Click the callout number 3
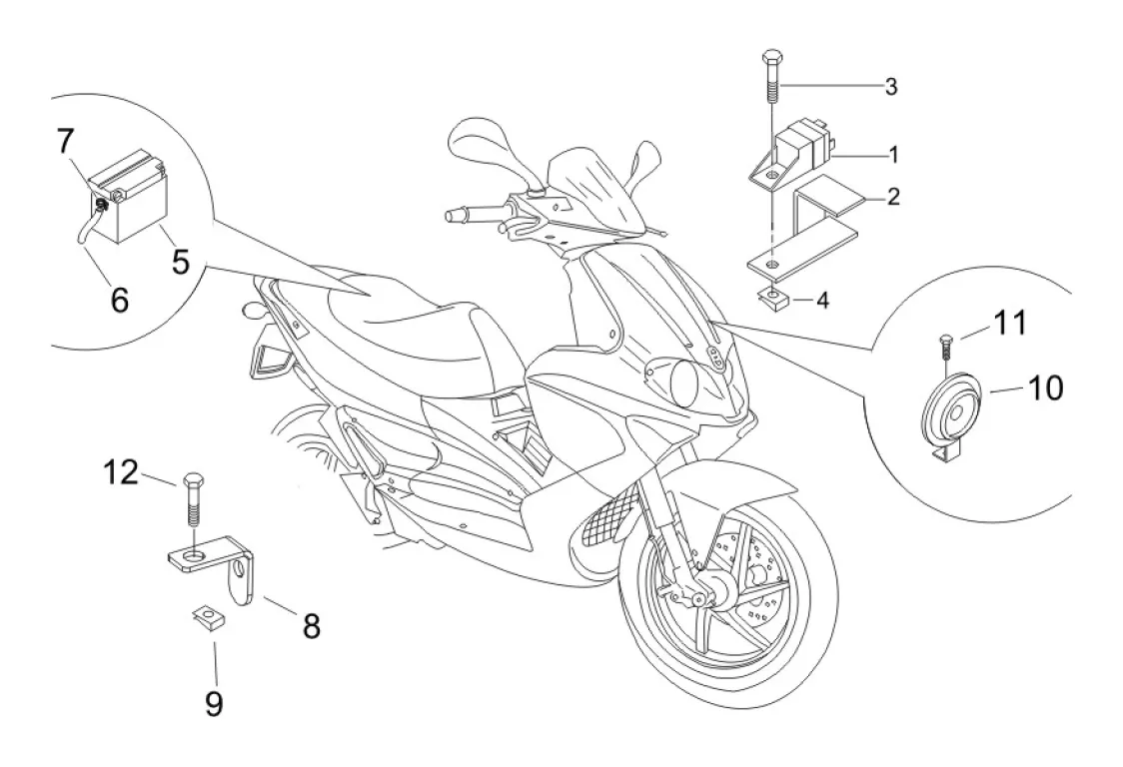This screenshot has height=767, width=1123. click(x=890, y=86)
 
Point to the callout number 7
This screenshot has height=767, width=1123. click(x=65, y=142)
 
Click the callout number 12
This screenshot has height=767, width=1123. click(x=123, y=471)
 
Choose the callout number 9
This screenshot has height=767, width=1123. click(x=214, y=704)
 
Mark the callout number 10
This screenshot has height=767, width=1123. click(x=1017, y=387)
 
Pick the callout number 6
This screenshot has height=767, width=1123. click(x=119, y=299)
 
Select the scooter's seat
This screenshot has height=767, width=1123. click(x=400, y=310)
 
